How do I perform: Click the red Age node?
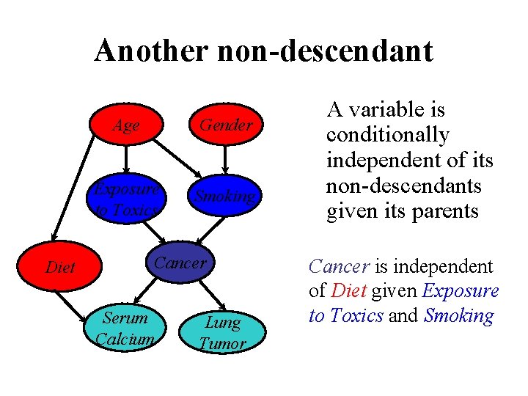click(126, 125)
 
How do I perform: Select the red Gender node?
click(226, 125)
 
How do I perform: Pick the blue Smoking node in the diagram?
click(225, 197)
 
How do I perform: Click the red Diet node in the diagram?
click(60, 268)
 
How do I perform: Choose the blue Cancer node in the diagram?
click(181, 263)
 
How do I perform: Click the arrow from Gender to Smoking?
click(226, 159)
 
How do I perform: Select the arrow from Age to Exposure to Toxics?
click(126, 159)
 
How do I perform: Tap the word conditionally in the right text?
click(387, 136)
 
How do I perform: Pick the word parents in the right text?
click(447, 212)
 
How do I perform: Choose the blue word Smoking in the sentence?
click(459, 316)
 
